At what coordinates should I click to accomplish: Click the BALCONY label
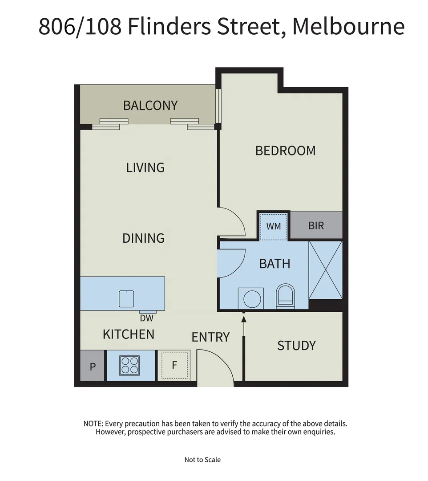tap(150, 106)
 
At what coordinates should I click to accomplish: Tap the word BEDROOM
tap(285, 151)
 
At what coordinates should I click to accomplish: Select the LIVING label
tap(145, 167)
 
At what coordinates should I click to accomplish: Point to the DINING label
tap(143, 238)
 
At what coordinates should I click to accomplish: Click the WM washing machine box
tap(274, 226)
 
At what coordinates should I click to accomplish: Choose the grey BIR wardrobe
tap(316, 225)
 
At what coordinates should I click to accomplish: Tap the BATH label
tap(275, 264)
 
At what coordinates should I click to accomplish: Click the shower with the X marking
tap(325, 270)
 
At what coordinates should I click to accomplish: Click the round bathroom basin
tap(251, 298)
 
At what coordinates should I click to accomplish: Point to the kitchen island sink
tap(126, 298)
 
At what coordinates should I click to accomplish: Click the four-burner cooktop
tap(130, 365)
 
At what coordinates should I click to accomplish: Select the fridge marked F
tap(174, 365)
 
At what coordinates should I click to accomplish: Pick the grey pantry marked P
tap(93, 366)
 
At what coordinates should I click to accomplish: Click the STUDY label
tap(296, 346)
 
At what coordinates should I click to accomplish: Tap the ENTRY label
tap(210, 337)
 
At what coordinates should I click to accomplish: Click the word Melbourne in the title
tap(348, 27)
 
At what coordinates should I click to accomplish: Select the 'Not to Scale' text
tap(202, 460)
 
